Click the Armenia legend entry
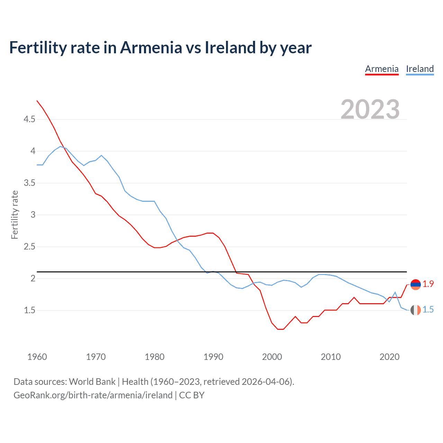tap(382, 69)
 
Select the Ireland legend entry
tap(420, 69)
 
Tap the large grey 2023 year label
tap(370, 109)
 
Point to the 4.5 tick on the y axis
tap(29, 119)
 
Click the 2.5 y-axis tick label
tap(29, 247)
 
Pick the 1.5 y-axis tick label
tap(29, 310)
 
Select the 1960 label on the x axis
tap(37, 357)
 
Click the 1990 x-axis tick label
tap(213, 357)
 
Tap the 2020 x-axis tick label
tap(389, 357)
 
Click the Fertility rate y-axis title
tap(15, 215)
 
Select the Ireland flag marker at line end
tap(415, 310)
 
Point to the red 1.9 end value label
tap(428, 284)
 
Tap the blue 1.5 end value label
tap(428, 310)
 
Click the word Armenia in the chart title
tap(151, 48)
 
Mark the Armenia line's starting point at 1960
tap(37, 101)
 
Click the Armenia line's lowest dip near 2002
tap(280, 329)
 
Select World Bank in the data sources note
tap(92, 382)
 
